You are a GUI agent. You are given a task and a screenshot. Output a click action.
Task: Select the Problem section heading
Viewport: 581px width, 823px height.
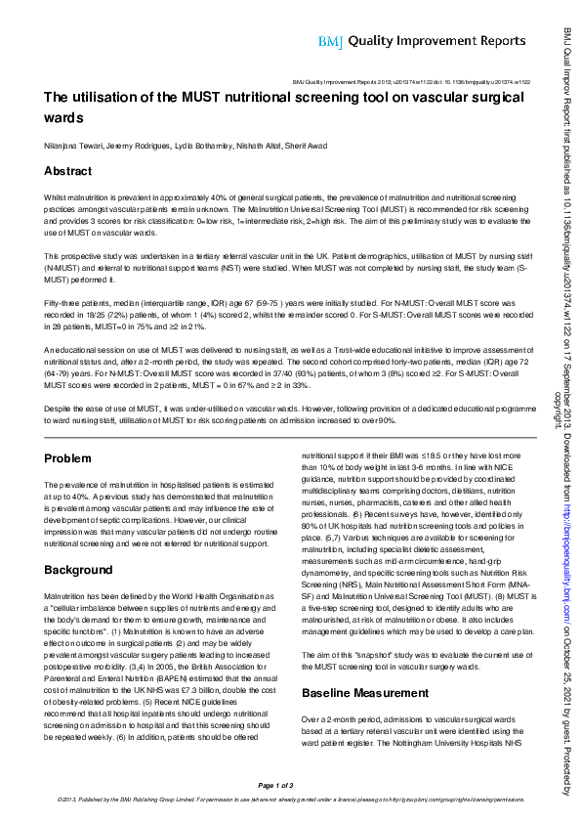[x=69, y=458]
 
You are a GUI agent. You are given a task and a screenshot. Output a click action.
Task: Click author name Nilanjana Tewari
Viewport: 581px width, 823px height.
[x=73, y=145]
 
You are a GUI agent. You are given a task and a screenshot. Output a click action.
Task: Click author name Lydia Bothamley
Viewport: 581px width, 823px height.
[x=199, y=145]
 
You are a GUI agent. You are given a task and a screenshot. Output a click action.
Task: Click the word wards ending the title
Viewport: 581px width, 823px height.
[x=64, y=117]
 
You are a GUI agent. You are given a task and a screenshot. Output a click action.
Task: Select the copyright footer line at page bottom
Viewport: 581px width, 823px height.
[x=290, y=799]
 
